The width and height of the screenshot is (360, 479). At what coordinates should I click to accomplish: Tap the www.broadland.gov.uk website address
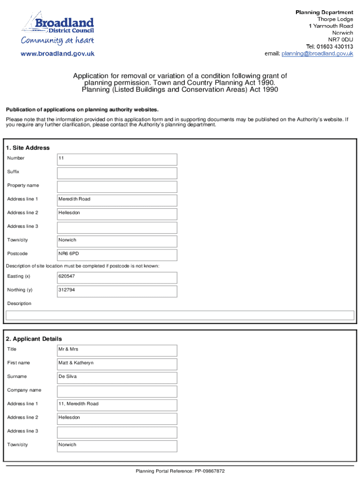(58, 54)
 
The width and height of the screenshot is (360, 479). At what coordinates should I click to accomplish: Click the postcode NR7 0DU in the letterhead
(343, 40)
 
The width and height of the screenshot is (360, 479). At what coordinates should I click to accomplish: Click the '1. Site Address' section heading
(28, 148)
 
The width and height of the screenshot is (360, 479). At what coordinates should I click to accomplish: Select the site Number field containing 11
(117, 159)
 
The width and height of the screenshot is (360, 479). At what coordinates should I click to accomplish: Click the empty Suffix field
(117, 173)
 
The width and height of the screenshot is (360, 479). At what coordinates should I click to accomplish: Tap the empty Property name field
(117, 186)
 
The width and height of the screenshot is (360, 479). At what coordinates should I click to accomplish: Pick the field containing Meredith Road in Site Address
(117, 200)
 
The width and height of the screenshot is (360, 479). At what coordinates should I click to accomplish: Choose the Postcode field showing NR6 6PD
(117, 254)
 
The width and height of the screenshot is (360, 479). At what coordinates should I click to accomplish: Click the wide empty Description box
(180, 315)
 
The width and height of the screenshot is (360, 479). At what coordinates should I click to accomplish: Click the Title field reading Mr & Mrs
(117, 350)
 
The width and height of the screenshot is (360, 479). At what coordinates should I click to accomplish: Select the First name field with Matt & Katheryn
(117, 363)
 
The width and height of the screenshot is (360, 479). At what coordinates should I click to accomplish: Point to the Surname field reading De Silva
(117, 377)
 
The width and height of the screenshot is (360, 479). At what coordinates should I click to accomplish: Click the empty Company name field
(117, 391)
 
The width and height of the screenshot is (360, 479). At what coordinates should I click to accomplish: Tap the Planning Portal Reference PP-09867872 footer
(180, 471)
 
